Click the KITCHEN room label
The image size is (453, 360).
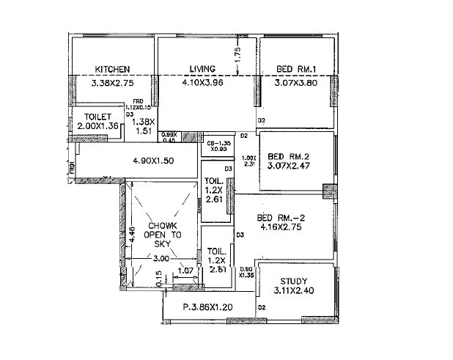[x=113, y=70]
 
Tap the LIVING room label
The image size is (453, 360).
[x=202, y=70]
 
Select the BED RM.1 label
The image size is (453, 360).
[x=295, y=70]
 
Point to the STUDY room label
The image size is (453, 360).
[x=293, y=282]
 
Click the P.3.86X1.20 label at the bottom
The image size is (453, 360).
[x=207, y=307]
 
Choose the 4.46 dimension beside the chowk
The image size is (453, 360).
[x=130, y=233]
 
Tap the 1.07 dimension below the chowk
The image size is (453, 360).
[x=186, y=271]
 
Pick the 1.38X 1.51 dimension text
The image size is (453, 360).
[x=146, y=126]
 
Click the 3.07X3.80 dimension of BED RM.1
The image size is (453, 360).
[x=295, y=84]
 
